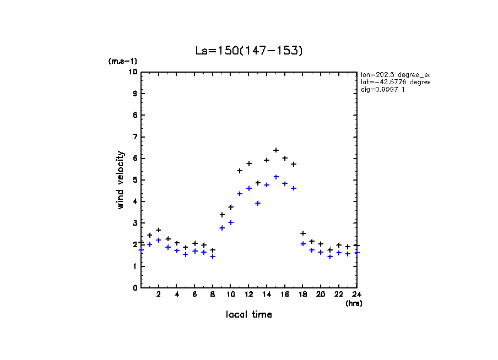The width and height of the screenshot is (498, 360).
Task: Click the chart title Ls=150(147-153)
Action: tap(249, 51)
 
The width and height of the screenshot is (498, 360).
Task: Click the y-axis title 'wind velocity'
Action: tap(121, 180)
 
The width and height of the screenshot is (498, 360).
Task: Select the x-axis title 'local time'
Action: tap(249, 315)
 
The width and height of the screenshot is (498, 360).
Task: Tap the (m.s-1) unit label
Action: tap(123, 62)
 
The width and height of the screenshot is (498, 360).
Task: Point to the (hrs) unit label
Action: tap(354, 303)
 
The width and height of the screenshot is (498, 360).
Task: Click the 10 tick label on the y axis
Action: tap(133, 72)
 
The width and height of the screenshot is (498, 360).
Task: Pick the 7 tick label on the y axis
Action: tap(135, 137)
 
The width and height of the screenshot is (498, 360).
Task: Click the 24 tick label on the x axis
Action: tap(357, 294)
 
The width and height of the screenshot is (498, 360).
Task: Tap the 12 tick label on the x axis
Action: tap(249, 294)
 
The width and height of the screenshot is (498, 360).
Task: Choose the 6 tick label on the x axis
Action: tap(195, 294)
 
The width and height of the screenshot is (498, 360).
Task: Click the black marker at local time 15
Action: tap(276, 150)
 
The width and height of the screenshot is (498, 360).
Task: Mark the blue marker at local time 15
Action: tap(276, 177)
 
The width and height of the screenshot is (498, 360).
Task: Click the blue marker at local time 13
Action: tap(258, 203)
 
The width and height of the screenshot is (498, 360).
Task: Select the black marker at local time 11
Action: tap(240, 171)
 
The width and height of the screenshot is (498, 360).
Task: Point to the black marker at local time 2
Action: tap(159, 230)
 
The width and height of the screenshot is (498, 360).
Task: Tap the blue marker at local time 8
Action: tap(213, 257)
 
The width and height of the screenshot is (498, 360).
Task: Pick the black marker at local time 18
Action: tap(303, 233)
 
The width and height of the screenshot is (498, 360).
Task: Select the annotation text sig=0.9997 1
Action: tap(383, 90)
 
